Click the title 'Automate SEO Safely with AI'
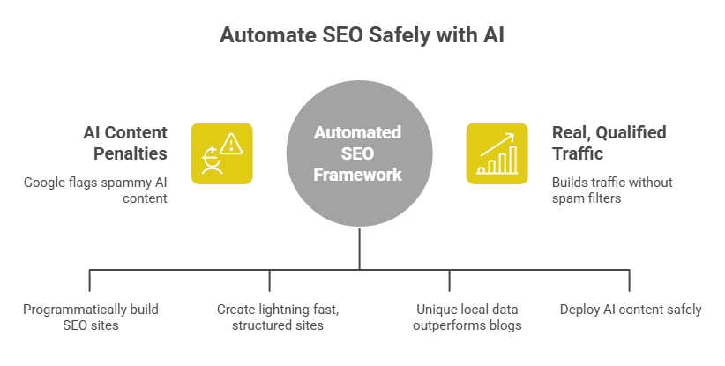(362, 36)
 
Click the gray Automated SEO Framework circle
(358, 153)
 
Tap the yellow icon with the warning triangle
(221, 153)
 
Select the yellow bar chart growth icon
(497, 153)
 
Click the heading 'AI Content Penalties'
(125, 143)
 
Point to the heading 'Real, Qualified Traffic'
(609, 143)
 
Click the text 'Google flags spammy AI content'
(95, 190)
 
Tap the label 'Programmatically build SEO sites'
(90, 317)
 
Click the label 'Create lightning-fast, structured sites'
(270, 317)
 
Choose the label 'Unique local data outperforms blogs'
(467, 317)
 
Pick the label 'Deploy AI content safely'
(631, 310)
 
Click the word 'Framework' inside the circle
(358, 176)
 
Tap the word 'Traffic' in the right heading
(578, 153)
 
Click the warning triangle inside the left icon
(232, 143)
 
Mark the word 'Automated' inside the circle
(358, 132)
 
